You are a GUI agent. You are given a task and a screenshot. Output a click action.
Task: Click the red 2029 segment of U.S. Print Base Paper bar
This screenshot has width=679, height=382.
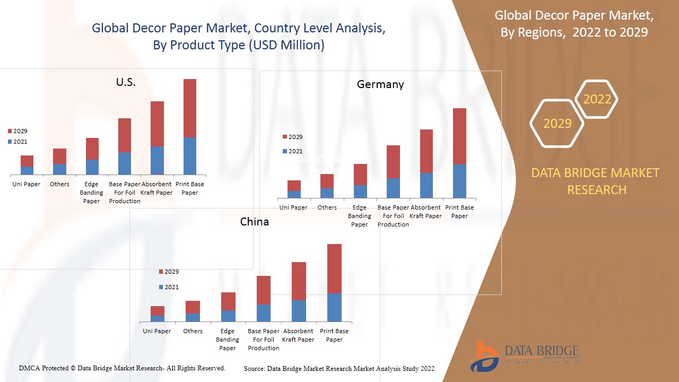coord(190,108)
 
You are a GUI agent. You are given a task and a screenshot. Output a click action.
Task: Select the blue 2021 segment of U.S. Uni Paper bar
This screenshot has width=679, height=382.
coord(27,170)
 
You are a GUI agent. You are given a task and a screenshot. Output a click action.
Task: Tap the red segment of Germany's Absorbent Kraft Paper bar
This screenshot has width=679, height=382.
coord(426,151)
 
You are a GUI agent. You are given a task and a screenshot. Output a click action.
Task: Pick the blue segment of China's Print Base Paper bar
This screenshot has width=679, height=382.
coord(334,307)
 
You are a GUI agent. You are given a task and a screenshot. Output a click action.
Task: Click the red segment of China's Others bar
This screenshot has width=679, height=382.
coord(193,307)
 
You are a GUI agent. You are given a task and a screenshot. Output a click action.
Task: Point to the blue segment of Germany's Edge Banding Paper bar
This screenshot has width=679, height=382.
coord(360,192)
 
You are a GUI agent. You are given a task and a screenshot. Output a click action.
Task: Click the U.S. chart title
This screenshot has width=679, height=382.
coord(126,82)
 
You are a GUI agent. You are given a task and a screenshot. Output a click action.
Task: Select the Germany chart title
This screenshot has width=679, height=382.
coord(380,84)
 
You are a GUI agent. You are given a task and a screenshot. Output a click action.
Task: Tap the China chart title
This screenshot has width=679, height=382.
coord(255,222)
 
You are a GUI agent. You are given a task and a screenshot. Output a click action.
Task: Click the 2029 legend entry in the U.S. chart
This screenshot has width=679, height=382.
coord(18,131)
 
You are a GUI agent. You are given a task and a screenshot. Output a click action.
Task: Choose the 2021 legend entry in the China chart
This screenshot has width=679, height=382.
coord(169,287)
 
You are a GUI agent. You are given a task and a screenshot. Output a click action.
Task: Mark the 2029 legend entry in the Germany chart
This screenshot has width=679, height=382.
coord(292,137)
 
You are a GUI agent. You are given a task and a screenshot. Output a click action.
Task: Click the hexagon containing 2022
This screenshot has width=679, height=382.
coord(597,99)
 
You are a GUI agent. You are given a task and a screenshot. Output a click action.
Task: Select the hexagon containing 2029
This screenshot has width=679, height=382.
coord(557,124)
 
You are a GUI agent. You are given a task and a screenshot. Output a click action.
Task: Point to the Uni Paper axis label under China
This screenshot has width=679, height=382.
coord(156,331)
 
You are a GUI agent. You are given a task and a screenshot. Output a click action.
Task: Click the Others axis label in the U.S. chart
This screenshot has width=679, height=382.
coord(59,184)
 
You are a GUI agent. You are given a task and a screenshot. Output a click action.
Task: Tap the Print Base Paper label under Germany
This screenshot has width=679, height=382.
coord(459,212)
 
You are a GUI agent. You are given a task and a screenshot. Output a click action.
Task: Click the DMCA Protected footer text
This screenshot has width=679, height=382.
coord(122,368)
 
